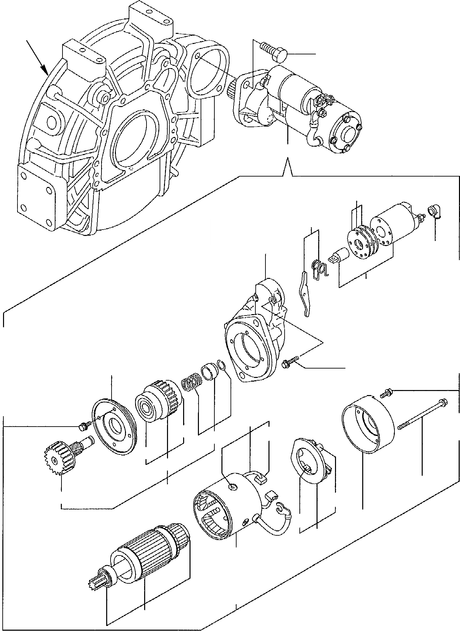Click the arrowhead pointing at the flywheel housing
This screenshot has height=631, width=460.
tap(44, 69)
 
